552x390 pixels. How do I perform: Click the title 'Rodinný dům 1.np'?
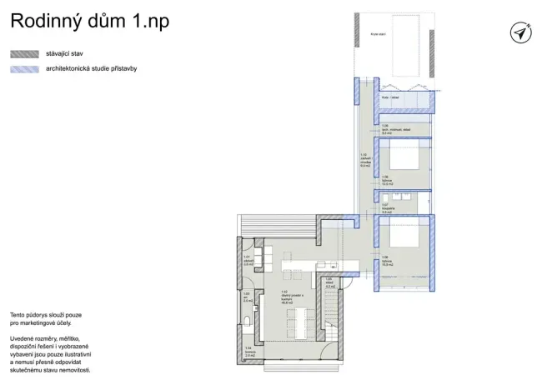pos(89,22)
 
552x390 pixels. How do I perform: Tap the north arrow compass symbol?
pos(520,32)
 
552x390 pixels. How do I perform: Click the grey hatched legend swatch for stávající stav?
pos(24,53)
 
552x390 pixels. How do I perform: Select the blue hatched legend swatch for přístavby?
pos(24,69)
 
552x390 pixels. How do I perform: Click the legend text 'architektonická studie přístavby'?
pos(91,69)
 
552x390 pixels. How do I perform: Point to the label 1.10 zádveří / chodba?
pos(364,160)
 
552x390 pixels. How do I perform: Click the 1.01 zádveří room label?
pos(248,260)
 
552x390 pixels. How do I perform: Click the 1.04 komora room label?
pos(248,351)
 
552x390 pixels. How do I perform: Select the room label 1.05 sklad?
pos(329,281)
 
